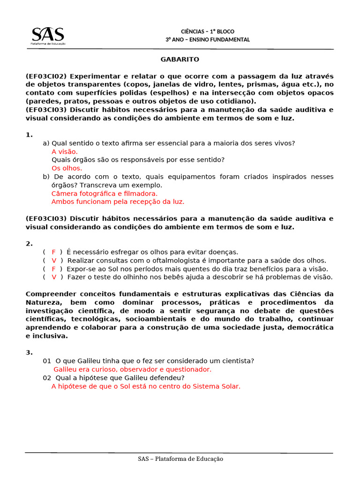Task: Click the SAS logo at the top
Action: point(48,36)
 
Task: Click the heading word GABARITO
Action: point(180,60)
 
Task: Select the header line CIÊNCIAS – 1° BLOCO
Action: point(208,31)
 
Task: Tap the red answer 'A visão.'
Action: point(65,151)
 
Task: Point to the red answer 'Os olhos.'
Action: point(67,168)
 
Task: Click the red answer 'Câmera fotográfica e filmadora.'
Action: point(105,193)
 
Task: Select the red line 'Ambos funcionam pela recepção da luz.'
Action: point(118,202)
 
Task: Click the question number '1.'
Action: point(29,135)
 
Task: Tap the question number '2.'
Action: point(29,244)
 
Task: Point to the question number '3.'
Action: point(29,352)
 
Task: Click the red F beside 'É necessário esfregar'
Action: point(54,252)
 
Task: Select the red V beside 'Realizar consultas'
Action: point(54,261)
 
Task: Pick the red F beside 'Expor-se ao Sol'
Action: point(54,269)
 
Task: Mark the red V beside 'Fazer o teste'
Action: point(54,277)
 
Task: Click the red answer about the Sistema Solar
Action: point(146,386)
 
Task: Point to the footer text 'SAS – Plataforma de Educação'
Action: point(180,459)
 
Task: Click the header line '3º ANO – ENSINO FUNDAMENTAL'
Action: point(208,40)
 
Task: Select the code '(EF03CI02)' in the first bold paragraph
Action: point(46,76)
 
